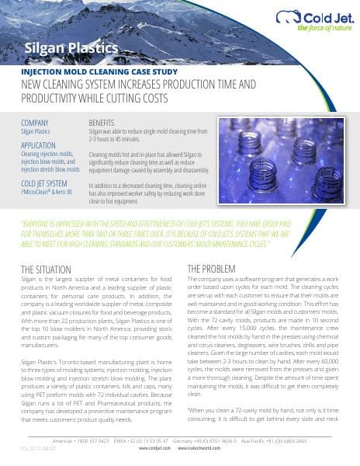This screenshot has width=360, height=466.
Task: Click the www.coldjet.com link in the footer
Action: tap(154, 448)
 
